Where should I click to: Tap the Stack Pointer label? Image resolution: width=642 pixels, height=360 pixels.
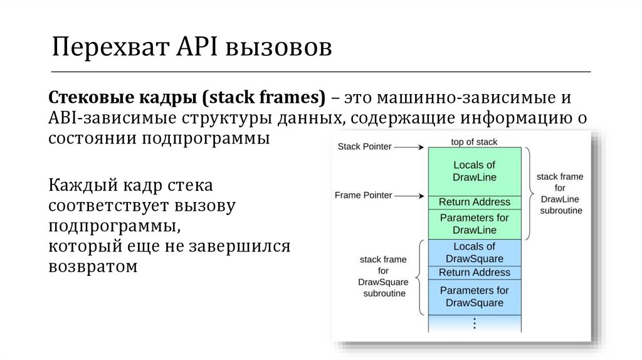(364, 147)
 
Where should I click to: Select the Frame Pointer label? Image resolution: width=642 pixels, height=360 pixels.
(363, 195)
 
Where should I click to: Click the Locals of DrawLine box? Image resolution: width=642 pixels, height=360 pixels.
(474, 171)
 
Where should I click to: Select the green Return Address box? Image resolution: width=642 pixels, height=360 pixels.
(474, 202)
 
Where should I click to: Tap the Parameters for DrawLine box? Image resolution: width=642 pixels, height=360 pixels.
(474, 224)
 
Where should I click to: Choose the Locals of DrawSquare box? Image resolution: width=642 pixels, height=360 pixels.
(474, 252)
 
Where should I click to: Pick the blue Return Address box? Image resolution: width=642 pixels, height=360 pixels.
(474, 272)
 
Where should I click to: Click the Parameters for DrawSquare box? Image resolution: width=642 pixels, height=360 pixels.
(474, 297)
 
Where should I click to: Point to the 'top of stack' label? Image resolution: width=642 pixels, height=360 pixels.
(474, 141)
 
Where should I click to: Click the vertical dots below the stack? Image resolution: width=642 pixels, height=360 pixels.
(474, 324)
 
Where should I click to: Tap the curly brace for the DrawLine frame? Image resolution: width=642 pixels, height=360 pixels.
(527, 194)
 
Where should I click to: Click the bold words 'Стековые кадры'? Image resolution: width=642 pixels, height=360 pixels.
(116, 98)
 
